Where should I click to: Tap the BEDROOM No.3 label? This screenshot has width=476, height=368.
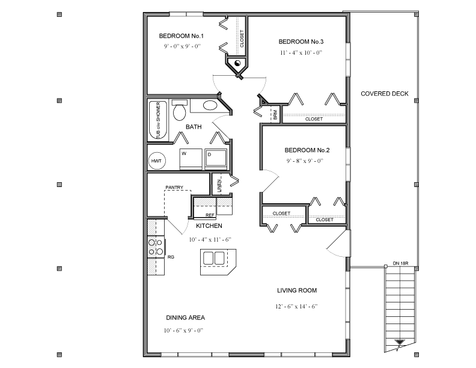[x=301, y=42]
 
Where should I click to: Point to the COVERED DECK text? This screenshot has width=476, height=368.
[x=385, y=93]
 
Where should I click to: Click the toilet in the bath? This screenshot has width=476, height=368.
[x=179, y=111]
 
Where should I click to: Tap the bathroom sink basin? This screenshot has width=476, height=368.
[x=210, y=106]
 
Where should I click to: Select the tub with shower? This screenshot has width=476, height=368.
[x=158, y=120]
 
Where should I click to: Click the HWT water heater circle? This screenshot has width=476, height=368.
[x=156, y=161]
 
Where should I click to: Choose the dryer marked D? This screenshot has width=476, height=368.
[x=215, y=158]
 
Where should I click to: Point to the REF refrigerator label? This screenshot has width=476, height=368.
[x=210, y=215]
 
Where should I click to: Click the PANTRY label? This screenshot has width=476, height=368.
[x=174, y=188]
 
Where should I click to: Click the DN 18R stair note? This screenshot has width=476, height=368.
[x=401, y=263]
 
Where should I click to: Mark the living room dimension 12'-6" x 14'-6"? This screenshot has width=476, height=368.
[x=296, y=306]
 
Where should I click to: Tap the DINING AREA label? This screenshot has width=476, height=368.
[x=185, y=317]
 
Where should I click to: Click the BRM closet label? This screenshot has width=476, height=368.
[x=275, y=114]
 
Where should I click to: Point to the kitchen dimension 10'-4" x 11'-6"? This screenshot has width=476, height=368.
[x=210, y=239]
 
